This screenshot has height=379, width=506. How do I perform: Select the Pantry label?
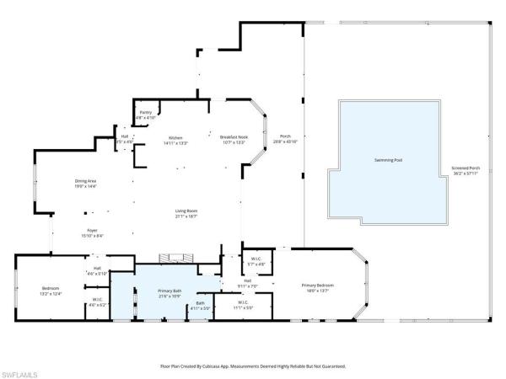[145, 112]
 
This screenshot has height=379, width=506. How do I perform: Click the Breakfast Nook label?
[234, 137]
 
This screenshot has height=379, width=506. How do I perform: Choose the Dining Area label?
[85, 180]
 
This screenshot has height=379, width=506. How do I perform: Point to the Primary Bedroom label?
[319, 286]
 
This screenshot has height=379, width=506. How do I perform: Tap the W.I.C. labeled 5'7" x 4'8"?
[257, 259]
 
